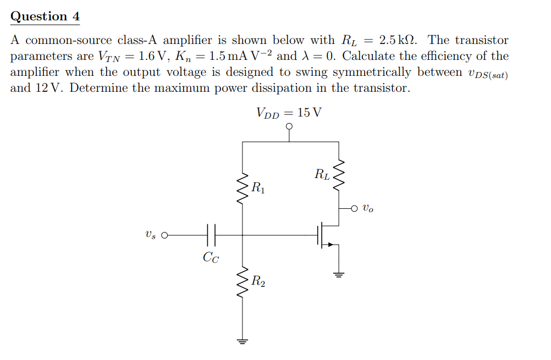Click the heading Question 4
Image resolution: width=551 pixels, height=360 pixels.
coord(45,16)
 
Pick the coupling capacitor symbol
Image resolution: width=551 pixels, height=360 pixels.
coord(211,235)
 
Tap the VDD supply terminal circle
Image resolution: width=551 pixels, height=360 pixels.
coord(290,126)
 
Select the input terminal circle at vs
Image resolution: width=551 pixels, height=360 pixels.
coord(163,235)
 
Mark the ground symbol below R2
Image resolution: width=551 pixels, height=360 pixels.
coord(243,340)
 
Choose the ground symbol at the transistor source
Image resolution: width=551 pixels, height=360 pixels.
coord(339,274)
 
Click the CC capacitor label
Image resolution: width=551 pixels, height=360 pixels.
coord(211,257)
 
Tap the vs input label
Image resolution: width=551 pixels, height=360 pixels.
coord(150,235)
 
